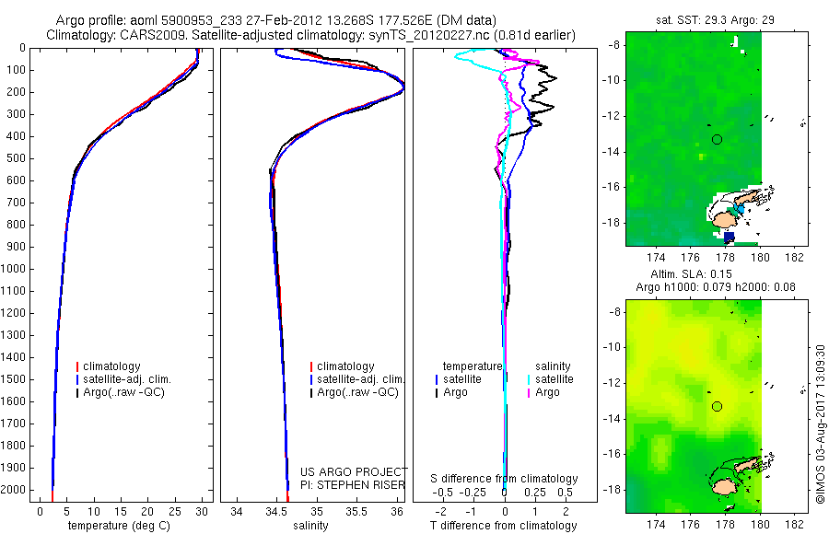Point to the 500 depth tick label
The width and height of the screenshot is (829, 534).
[x=15, y=158]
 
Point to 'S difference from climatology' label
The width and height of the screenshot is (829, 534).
[x=505, y=479]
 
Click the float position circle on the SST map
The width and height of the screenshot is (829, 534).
[x=717, y=140]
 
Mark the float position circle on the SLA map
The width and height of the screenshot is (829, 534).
[x=717, y=406]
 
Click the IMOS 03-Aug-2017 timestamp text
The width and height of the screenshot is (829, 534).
[x=820, y=423]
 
